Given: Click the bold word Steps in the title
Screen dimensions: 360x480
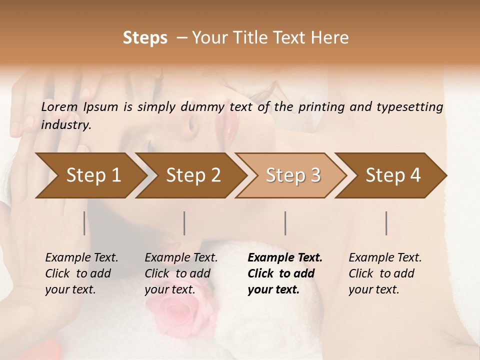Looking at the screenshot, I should tap(145, 38).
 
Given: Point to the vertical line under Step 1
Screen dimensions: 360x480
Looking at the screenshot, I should tap(84, 223).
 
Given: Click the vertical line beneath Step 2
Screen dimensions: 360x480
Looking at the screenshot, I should tap(184, 223).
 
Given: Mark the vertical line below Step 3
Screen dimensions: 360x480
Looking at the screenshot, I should tap(285, 223).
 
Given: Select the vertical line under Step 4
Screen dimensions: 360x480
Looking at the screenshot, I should tap(386, 223).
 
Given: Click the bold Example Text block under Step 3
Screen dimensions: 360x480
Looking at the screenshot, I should tap(285, 273).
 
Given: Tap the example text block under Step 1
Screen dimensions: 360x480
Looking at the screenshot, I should tap(81, 273).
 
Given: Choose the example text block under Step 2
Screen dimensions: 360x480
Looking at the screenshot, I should tap(181, 273).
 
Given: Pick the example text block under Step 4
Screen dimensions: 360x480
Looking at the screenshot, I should tap(385, 273).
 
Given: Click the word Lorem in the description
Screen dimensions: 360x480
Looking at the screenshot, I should tap(59, 106).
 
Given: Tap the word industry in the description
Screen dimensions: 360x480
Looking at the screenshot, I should tap(66, 125).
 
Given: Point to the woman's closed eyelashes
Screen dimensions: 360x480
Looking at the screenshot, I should tap(265, 90).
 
